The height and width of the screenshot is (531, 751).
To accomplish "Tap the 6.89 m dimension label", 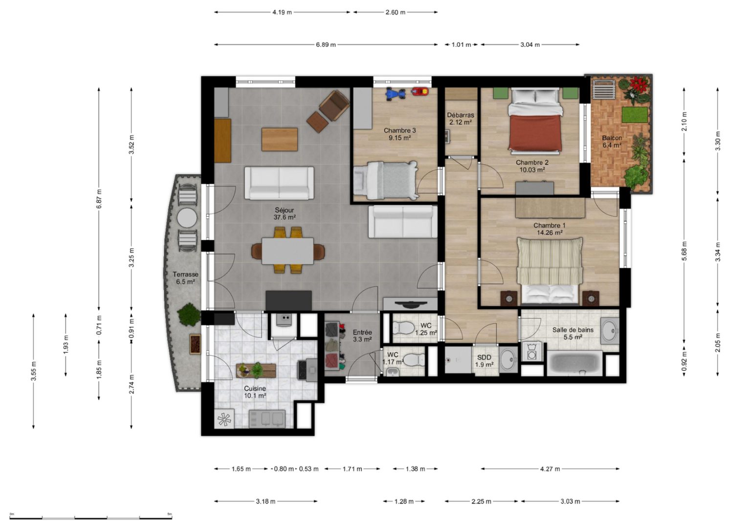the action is [x=326, y=44].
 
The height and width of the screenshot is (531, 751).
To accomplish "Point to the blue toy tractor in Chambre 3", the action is [x=395, y=93].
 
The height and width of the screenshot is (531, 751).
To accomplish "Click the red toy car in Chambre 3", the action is [x=420, y=92].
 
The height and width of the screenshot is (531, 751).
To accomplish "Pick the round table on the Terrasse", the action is [x=187, y=218].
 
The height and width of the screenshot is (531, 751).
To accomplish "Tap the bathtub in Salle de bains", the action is [x=574, y=363].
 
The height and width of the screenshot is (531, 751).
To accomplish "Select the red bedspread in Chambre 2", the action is [x=534, y=133].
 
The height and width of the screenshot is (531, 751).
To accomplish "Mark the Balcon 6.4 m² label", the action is [x=612, y=141].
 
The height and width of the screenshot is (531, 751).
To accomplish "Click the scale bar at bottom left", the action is [x=91, y=518].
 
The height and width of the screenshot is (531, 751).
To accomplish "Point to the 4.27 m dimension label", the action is [x=550, y=469].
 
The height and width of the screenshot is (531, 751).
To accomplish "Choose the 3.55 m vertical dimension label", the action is [x=34, y=371].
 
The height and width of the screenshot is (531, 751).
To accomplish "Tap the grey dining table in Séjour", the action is [x=287, y=251].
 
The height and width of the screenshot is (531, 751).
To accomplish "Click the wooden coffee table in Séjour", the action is [x=280, y=139].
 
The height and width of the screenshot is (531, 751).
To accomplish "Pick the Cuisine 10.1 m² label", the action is [x=255, y=392].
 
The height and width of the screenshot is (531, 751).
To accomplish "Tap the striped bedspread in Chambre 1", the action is [x=550, y=261].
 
